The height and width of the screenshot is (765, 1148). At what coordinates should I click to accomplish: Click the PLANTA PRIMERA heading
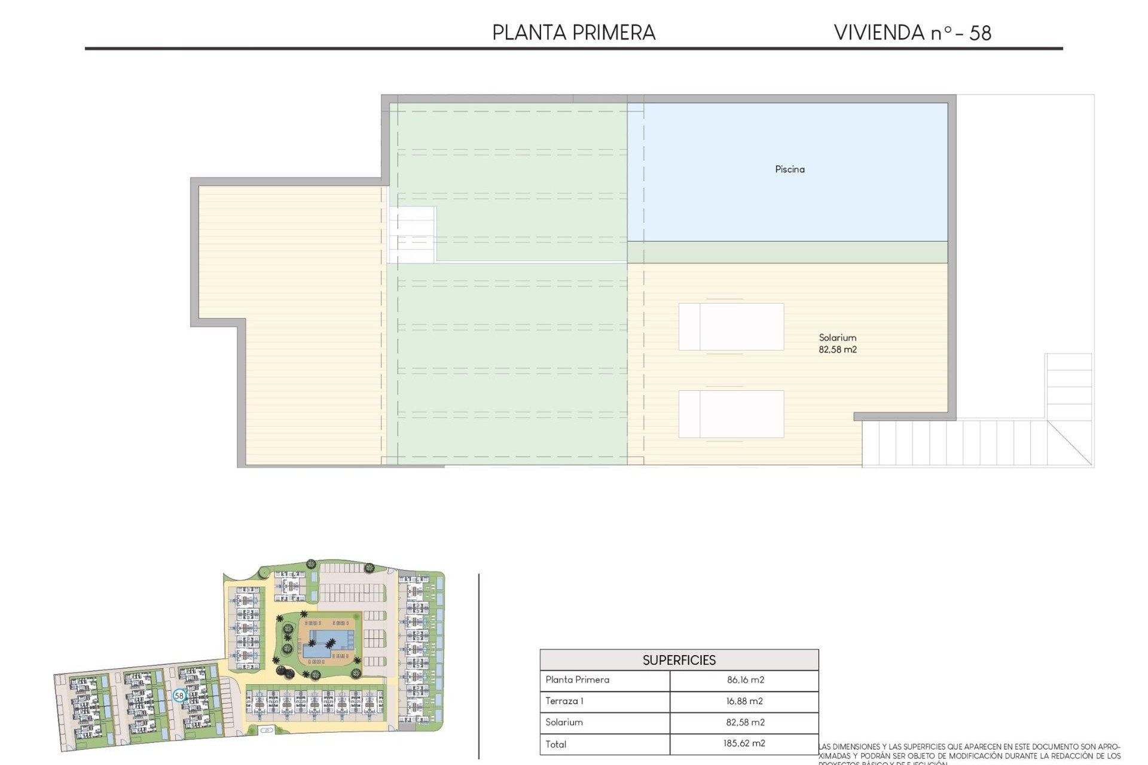point(573,32)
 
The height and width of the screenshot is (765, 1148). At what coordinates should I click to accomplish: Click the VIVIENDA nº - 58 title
point(912,32)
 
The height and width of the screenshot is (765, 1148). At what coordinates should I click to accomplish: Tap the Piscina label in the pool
point(789,169)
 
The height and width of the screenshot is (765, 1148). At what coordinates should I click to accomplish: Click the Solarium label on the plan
point(837,338)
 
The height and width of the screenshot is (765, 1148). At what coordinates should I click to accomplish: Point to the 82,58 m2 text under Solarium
point(837,350)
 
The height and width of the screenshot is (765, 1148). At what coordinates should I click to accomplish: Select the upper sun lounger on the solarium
point(731,326)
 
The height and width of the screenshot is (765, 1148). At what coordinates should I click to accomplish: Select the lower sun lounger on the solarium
point(731,414)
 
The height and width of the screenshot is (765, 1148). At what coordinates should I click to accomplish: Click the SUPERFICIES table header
point(679,660)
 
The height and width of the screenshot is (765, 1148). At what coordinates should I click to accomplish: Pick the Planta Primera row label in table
point(577,680)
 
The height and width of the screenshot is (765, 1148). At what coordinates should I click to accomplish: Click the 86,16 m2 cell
point(745,680)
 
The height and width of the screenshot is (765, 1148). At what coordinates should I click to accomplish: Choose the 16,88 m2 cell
point(744,701)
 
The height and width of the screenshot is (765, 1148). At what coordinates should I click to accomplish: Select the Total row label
point(555,744)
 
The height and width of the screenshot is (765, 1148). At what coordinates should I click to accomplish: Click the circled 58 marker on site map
point(179,696)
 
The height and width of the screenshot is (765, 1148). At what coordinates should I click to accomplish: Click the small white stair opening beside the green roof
point(412,234)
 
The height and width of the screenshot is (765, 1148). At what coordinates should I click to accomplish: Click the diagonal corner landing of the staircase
point(1070,442)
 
